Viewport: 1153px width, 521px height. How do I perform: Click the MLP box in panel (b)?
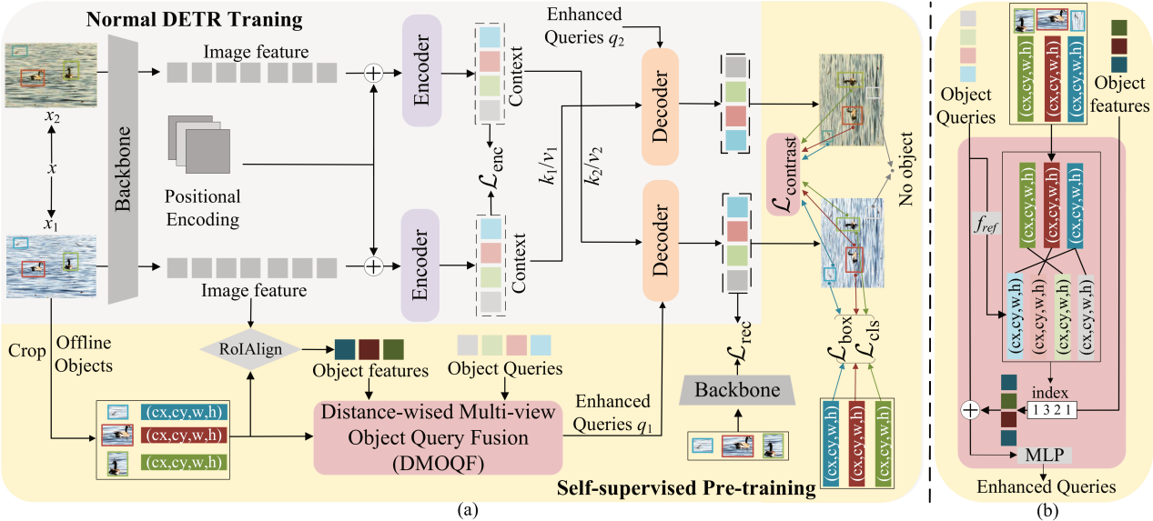(1045, 455)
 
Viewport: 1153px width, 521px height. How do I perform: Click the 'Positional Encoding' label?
(203, 208)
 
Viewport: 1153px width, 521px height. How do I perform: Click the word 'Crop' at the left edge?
(24, 348)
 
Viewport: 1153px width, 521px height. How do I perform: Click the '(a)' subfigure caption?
(466, 511)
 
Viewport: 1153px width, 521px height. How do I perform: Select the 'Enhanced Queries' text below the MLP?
(1047, 486)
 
